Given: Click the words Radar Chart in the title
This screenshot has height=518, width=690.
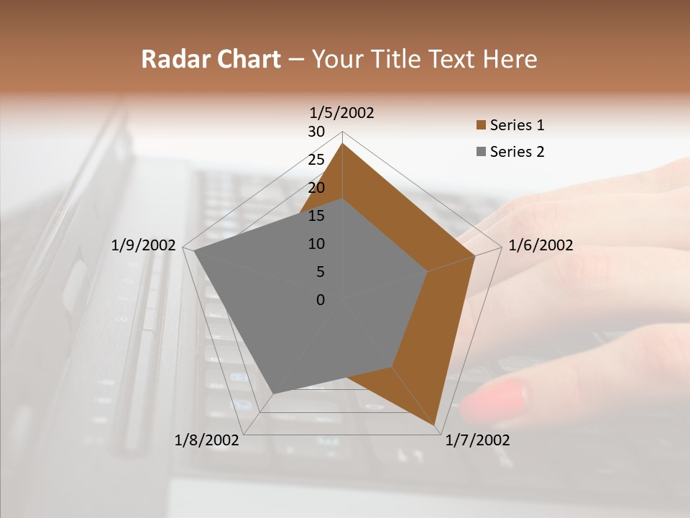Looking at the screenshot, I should click(211, 59).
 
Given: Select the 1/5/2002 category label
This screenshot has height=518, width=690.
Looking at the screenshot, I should click(341, 112).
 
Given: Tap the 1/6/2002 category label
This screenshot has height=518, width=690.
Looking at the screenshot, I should click(540, 245).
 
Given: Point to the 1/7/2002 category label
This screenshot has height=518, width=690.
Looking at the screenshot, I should click(477, 440).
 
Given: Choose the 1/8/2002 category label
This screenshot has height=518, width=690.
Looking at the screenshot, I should click(207, 440).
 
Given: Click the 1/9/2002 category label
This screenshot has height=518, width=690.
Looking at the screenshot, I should click(143, 245).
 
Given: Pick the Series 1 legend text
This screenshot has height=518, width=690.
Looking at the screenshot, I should click(517, 125).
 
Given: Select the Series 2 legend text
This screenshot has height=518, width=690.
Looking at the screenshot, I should click(517, 152).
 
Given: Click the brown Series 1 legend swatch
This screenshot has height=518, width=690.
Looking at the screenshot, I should click(481, 126).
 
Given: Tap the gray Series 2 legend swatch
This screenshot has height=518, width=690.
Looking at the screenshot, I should click(481, 152).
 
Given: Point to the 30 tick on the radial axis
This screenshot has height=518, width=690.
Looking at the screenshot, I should click(316, 132).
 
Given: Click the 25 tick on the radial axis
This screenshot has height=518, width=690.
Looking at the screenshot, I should click(316, 160).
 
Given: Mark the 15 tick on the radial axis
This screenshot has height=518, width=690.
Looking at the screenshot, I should click(316, 216).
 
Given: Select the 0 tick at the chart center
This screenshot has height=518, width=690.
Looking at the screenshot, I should click(321, 299).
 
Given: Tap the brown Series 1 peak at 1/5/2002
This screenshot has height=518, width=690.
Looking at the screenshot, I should click(342, 144).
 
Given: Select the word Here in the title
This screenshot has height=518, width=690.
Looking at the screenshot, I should click(510, 59).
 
